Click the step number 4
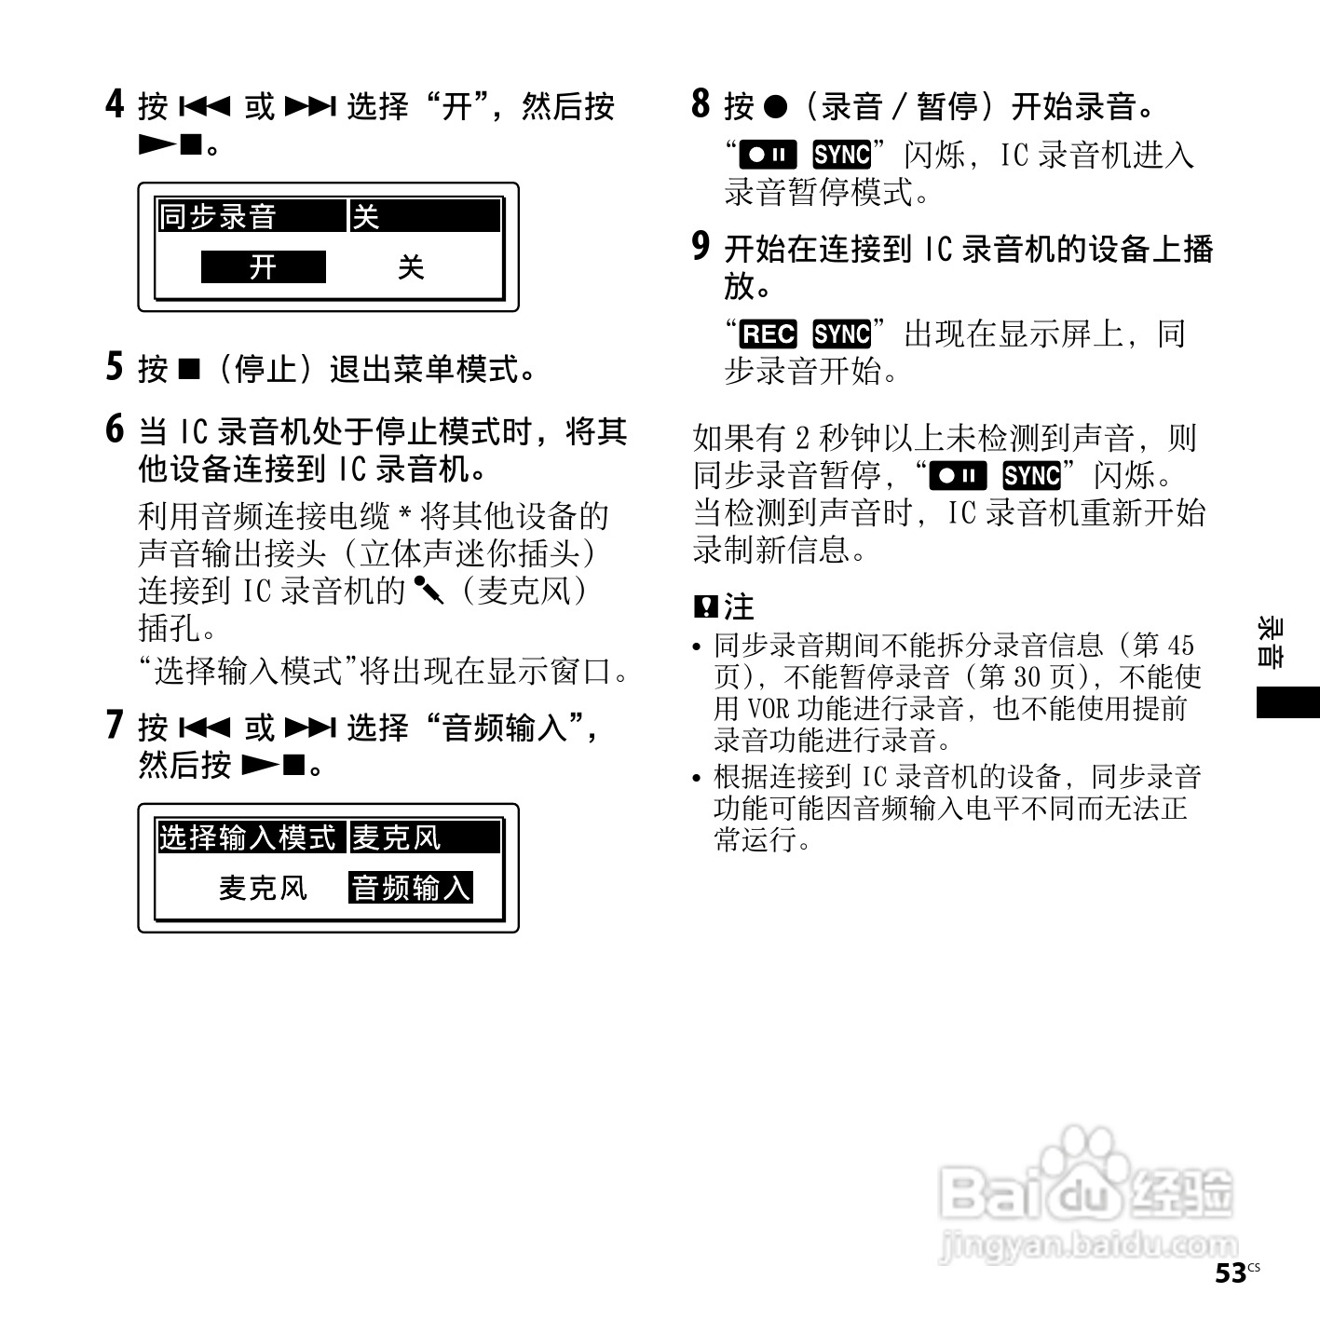[115, 103]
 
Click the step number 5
[115, 367]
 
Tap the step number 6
[115, 429]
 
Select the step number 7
[115, 725]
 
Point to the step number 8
[701, 103]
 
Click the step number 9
[701, 247]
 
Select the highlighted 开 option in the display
[264, 267]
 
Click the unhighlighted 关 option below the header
[411, 268]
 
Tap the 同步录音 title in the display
[218, 217]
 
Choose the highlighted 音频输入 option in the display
[411, 888]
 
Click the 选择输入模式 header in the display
[247, 837]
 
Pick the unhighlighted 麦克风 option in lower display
[263, 888]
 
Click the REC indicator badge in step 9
[768, 333]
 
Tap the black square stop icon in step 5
[188, 369]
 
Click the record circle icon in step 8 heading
[775, 106]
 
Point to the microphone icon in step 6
[429, 589]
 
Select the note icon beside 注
[705, 607]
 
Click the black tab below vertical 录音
[1287, 701]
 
